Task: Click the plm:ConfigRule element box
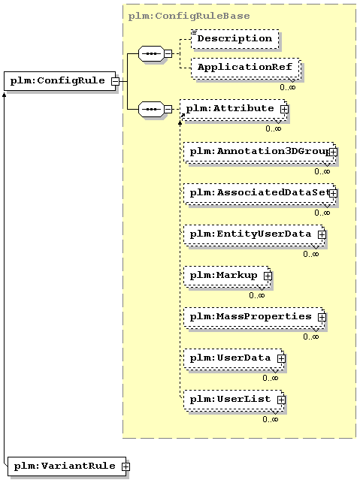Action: [59, 81]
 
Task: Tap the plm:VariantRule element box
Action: [66, 466]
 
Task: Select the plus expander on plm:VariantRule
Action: [126, 466]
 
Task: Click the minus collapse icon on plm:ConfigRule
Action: [115, 81]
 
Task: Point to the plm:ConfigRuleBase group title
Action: [189, 16]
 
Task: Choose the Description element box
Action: [235, 39]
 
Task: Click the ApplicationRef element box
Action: [245, 68]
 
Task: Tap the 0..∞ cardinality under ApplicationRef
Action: [288, 87]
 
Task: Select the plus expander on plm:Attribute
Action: [284, 109]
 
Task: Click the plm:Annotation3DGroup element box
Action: [260, 152]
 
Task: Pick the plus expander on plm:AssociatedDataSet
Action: [333, 193]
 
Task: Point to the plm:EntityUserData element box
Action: [254, 234]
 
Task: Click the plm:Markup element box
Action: [227, 276]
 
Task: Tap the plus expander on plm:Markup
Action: [268, 276]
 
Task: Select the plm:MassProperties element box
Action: [254, 317]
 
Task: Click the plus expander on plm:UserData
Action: [281, 358]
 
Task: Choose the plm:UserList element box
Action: [234, 400]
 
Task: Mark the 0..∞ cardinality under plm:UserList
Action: [271, 419]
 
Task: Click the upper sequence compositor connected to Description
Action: [151, 53]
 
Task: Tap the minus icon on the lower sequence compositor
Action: [168, 109]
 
